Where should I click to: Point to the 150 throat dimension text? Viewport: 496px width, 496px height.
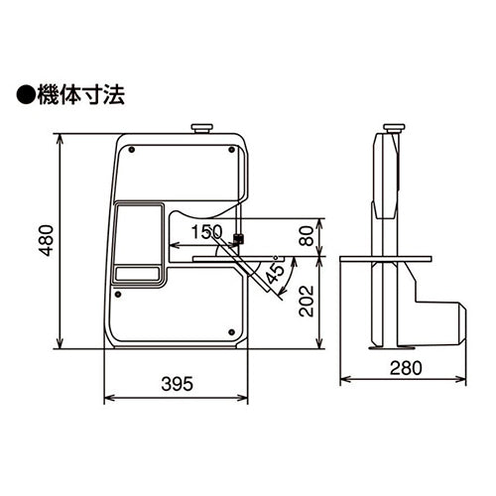(206, 231)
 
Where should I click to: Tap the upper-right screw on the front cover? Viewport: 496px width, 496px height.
(231, 152)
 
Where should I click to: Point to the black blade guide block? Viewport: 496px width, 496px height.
(238, 239)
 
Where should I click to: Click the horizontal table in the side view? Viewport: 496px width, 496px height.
(386, 260)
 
